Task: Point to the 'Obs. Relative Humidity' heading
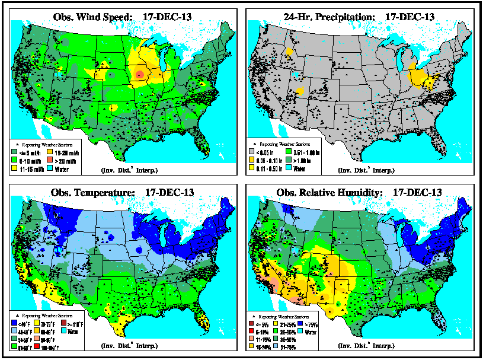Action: pyautogui.click(x=359, y=193)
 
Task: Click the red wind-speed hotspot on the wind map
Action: pyautogui.click(x=139, y=74)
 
